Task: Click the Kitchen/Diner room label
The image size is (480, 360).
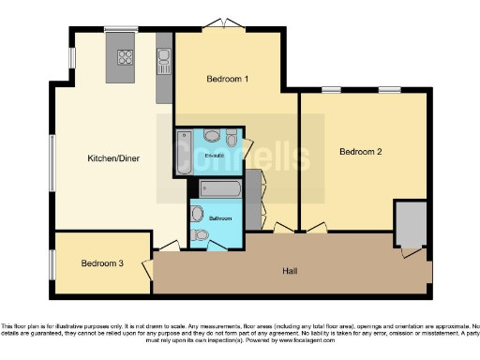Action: pos(113,158)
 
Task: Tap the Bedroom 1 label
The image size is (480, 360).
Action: pos(227,79)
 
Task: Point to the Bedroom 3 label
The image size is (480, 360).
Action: pos(101,263)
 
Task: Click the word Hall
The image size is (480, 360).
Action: pos(291,271)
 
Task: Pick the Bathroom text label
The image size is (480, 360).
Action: pos(220,217)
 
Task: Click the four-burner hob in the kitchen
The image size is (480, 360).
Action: pos(125,58)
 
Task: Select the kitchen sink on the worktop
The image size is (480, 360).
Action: pos(164,62)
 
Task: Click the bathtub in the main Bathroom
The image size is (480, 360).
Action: pos(221,188)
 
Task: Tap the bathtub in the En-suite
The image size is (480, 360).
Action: pos(182,154)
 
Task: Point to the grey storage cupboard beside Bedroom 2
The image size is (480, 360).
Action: pos(410,223)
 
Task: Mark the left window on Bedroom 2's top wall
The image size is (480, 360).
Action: pos(331,90)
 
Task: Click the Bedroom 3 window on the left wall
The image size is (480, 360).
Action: pos(52,264)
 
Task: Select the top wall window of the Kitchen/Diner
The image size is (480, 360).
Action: pos(120,29)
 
